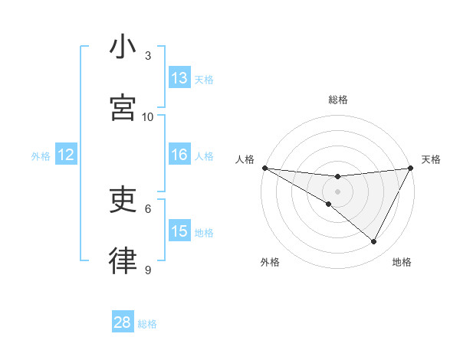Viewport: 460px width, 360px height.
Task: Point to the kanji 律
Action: (x=123, y=261)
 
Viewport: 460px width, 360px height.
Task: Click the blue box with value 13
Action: (x=179, y=78)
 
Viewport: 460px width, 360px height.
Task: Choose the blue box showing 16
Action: (x=179, y=155)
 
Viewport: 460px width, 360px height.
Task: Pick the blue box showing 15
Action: (x=179, y=231)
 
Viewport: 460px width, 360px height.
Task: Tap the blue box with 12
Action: (x=66, y=155)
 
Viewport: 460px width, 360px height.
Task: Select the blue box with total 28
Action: (x=123, y=322)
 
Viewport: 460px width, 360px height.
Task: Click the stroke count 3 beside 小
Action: (x=148, y=56)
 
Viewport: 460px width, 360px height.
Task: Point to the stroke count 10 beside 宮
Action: (x=148, y=116)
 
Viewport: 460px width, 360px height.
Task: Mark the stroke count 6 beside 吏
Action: (x=148, y=208)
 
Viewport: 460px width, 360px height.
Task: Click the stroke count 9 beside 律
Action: (x=148, y=270)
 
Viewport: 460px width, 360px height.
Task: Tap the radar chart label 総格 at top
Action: (x=338, y=100)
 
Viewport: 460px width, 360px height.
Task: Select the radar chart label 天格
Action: (x=431, y=159)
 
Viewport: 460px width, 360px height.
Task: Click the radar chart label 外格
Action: (x=270, y=262)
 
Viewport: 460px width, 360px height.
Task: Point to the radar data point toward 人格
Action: (x=265, y=168)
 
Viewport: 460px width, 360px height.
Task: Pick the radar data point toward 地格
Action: (x=374, y=242)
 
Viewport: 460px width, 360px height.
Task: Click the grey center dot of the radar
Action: (x=338, y=191)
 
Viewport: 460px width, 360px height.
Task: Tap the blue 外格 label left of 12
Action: (x=41, y=155)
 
